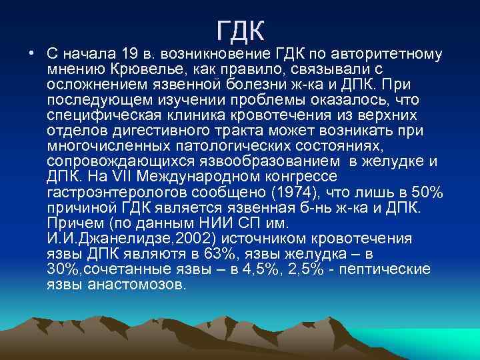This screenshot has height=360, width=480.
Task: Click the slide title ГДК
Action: (241, 30)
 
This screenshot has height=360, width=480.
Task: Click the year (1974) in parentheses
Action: (291, 193)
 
